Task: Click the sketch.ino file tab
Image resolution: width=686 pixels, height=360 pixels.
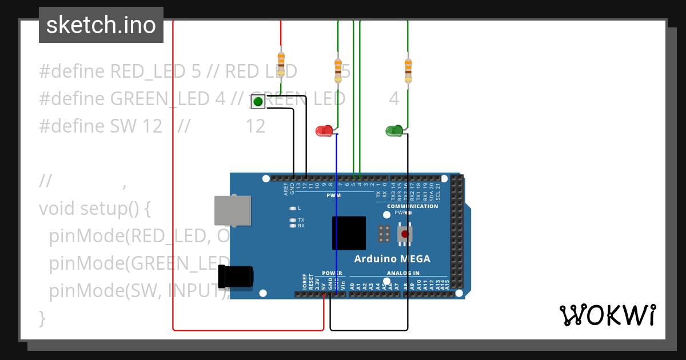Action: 101,25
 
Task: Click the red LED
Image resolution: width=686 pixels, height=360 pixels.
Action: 324,131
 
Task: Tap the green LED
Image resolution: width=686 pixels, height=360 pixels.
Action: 394,131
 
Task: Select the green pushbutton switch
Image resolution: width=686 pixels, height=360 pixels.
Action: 258,102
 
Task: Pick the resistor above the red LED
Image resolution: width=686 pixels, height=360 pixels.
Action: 338,70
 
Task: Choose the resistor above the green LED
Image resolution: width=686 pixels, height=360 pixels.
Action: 408,70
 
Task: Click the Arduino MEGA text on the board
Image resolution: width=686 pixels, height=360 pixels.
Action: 392,259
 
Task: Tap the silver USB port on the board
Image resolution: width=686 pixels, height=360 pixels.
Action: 233,210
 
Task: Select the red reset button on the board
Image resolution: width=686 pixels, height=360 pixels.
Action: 405,234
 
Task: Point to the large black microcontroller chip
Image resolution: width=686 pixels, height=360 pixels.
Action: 349,233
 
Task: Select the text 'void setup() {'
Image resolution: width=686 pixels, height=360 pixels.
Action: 94,209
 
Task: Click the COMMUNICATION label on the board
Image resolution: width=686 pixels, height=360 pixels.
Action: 413,206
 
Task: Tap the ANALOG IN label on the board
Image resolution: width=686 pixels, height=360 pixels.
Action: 403,273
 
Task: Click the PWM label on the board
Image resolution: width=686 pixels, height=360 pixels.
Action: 334,195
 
